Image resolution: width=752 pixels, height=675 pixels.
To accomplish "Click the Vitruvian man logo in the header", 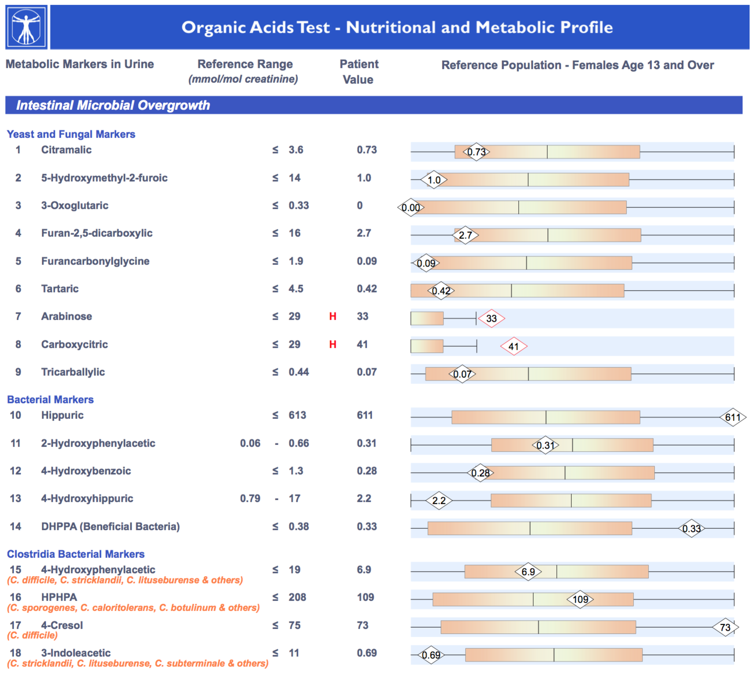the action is click(26, 27).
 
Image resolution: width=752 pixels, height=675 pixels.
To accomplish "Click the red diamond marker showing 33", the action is click(491, 318).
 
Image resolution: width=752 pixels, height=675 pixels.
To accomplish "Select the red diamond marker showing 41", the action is click(514, 346).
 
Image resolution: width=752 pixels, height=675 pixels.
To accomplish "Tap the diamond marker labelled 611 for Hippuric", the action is click(733, 417).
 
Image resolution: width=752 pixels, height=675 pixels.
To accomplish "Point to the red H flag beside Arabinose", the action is click(333, 316).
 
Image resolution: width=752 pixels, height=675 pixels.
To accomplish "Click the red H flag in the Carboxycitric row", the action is click(333, 345).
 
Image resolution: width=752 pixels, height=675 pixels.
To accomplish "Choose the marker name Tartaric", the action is click(60, 289).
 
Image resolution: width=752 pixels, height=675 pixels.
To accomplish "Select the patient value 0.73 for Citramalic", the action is click(367, 150).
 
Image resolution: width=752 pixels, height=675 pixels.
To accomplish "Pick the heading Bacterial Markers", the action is click(50, 399).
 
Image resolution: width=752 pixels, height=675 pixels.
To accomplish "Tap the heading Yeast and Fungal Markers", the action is click(71, 134).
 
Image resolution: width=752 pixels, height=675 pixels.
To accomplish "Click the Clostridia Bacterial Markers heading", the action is click(76, 554).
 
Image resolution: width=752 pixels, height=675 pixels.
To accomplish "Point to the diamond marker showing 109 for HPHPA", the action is click(580, 599).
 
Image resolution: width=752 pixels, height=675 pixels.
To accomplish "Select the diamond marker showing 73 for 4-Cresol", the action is click(725, 627).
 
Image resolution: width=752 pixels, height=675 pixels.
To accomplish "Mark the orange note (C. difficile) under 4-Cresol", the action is click(33, 635).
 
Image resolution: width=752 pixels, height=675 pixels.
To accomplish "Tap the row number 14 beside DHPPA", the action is click(16, 526).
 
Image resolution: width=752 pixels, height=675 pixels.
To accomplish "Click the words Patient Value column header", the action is click(359, 71).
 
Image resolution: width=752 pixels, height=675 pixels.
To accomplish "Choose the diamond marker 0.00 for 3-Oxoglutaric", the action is click(411, 207).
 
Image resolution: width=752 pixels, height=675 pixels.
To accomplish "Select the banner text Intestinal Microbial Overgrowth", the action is click(113, 105).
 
